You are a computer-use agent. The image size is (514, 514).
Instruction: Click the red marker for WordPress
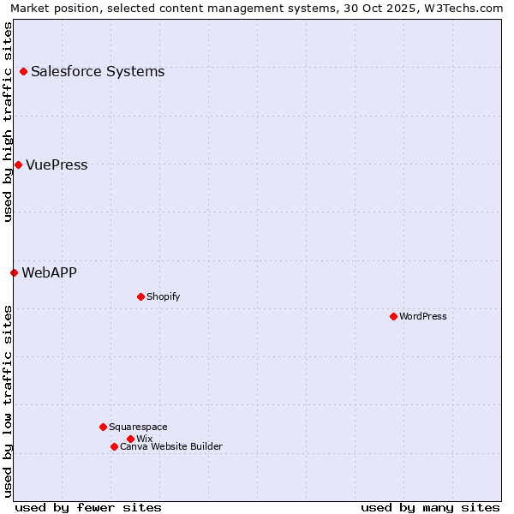[x=393, y=316]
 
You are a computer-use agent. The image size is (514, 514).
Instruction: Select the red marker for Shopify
[x=140, y=296]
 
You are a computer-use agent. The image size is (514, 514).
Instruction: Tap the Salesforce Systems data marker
[x=23, y=71]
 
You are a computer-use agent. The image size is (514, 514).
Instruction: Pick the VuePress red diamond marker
[x=18, y=164]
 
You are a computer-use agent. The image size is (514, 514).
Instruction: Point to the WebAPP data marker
[x=14, y=272]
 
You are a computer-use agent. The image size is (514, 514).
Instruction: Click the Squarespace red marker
[x=103, y=427]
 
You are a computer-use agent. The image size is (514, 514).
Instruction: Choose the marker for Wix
[x=130, y=439]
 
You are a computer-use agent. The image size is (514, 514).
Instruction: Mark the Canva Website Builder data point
[x=114, y=446]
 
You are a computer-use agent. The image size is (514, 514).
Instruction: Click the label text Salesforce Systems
[x=98, y=71]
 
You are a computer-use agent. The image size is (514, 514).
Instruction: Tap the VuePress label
[x=57, y=164]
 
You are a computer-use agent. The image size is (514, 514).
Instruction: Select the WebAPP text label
[x=49, y=272]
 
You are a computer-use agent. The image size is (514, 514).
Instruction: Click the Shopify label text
[x=163, y=296]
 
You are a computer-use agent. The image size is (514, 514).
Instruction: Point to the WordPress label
[x=423, y=316]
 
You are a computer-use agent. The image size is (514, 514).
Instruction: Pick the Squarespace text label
[x=138, y=427]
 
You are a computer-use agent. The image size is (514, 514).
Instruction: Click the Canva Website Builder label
[x=171, y=446]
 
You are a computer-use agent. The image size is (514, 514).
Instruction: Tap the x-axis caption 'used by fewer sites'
[x=88, y=507]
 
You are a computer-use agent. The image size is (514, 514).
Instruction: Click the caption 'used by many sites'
[x=430, y=507]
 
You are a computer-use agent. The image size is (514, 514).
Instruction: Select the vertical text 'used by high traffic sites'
[x=8, y=122]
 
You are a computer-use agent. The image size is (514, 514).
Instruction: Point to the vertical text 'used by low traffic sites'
[x=8, y=400]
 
